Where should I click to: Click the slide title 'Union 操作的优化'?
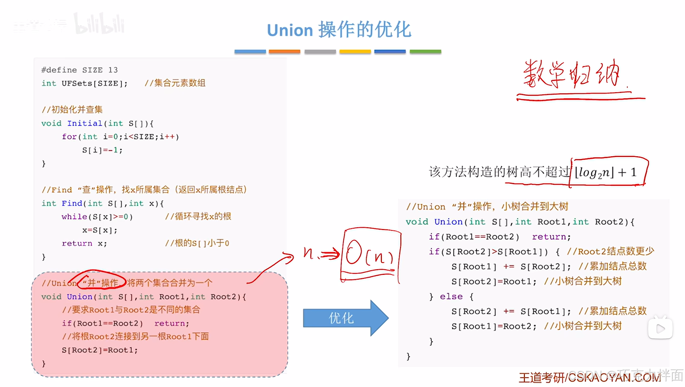pyautogui.click(x=339, y=30)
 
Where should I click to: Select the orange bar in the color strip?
pyautogui.click(x=284, y=52)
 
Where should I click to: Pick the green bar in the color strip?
pyautogui.click(x=425, y=52)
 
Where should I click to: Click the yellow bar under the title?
pyautogui.click(x=355, y=52)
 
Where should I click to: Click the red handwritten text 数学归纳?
pyautogui.click(x=572, y=74)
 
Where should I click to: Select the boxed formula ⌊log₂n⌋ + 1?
pyautogui.click(x=608, y=172)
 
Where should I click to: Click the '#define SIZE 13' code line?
pyautogui.click(x=79, y=70)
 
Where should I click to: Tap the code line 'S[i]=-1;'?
pyautogui.click(x=102, y=150)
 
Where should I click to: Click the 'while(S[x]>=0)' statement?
pyautogui.click(x=97, y=216)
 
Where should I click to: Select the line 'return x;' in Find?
pyautogui.click(x=84, y=243)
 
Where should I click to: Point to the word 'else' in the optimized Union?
pyautogui.click(x=451, y=296)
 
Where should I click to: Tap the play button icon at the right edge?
pyautogui.click(x=660, y=328)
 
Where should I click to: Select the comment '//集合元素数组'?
pyautogui.click(x=175, y=83)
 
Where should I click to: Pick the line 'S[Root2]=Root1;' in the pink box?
pyautogui.click(x=100, y=350)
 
